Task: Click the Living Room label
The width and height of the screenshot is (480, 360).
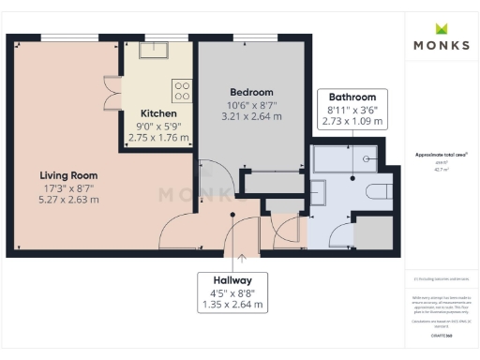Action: click(68, 175)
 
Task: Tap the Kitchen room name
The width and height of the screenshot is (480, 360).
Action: click(157, 113)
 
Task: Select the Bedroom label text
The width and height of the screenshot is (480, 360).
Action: click(251, 92)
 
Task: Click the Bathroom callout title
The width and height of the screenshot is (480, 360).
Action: click(352, 97)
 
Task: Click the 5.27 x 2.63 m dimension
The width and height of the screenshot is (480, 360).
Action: click(68, 200)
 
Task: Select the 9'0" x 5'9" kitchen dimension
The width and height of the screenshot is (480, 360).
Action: click(157, 126)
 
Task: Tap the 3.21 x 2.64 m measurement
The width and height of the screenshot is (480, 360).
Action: click(251, 116)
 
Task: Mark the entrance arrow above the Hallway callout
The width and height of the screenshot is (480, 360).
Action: click(242, 254)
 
